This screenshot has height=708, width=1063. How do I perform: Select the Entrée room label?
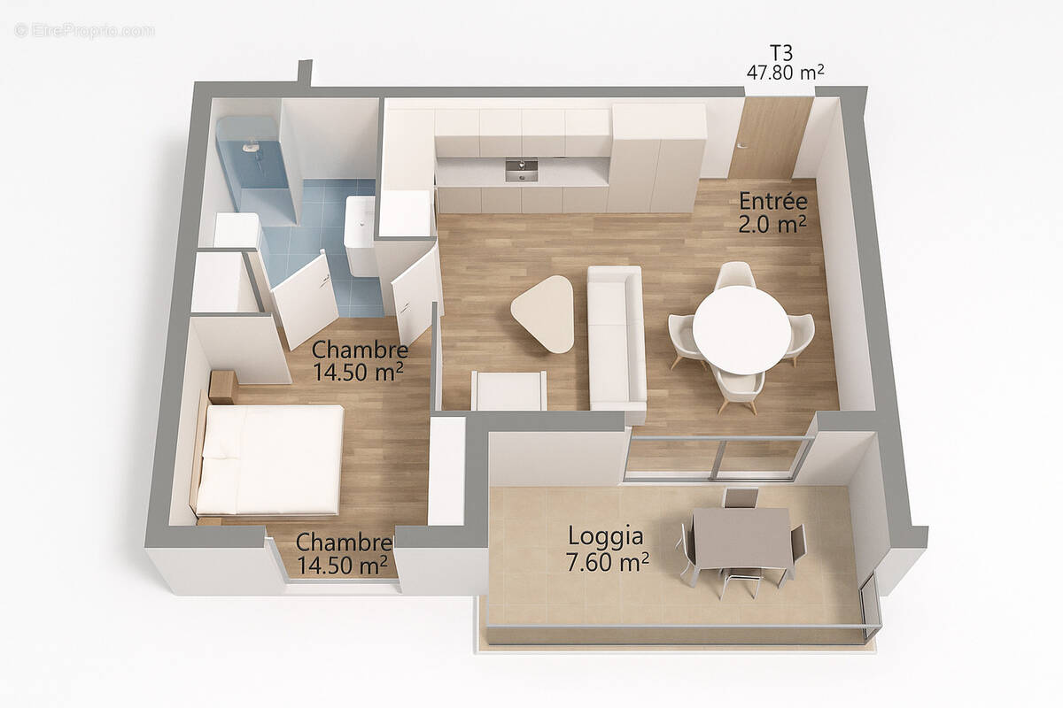772,202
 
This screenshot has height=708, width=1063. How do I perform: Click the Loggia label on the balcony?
606,536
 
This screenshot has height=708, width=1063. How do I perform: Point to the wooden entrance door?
769,137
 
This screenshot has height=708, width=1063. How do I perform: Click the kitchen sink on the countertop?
521,169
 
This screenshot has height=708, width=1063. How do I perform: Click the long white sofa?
616,341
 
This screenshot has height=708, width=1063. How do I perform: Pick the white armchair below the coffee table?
508,390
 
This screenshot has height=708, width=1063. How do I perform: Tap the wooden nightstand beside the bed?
222,387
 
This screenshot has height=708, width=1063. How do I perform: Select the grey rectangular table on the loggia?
742,537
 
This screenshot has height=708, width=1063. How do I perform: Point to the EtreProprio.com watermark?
84,30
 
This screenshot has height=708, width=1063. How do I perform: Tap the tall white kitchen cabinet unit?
657,158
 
